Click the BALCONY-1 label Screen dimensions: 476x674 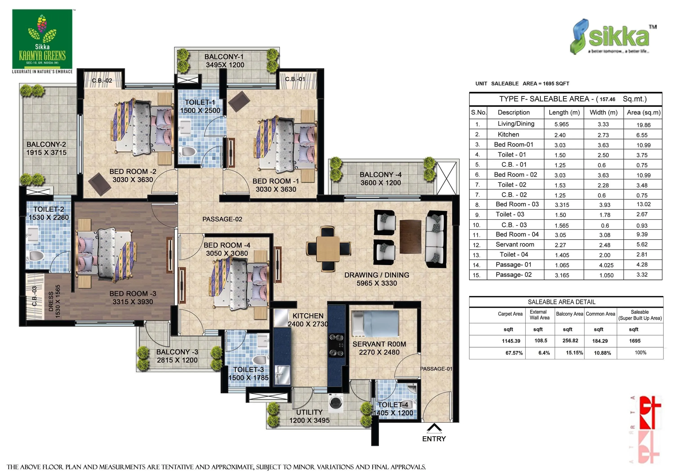pos(224,57)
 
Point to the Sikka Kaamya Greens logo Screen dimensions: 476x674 pos(42,39)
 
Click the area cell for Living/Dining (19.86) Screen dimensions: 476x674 pos(643,125)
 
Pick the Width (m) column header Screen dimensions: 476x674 pos(603,112)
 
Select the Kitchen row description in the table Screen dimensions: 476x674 pos(508,134)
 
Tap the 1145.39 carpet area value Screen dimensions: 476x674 pos(511,341)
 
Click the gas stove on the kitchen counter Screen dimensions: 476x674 pos(336,345)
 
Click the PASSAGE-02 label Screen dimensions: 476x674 pos(222,219)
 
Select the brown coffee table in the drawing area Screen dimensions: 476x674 pos(410,236)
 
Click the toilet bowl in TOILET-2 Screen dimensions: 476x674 pos(37,255)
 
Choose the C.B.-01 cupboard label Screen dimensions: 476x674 pos(295,79)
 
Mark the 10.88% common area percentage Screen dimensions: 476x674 pos(602,353)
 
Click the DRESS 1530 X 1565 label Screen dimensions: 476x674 pos(54,301)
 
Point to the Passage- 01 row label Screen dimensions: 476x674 pos(513,265)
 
